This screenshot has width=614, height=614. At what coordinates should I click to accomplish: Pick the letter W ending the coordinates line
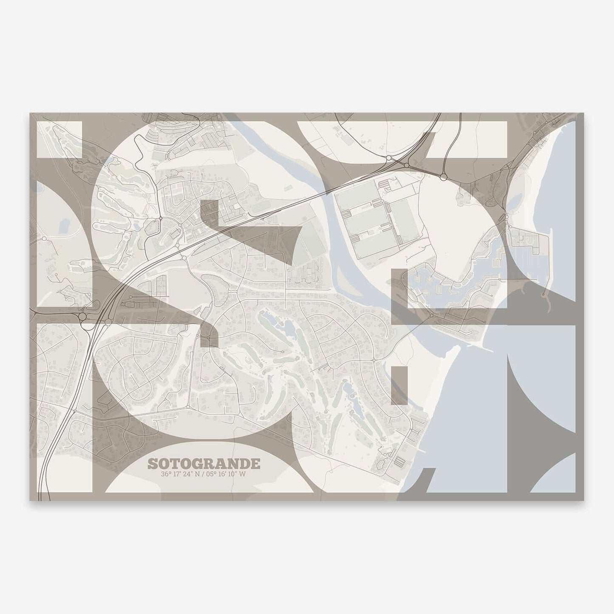[243, 474]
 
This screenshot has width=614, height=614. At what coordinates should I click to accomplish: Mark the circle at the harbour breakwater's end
[543, 294]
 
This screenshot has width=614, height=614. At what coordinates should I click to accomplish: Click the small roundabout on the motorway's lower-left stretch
[74, 411]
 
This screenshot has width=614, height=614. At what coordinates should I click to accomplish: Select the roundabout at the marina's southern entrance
[432, 315]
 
